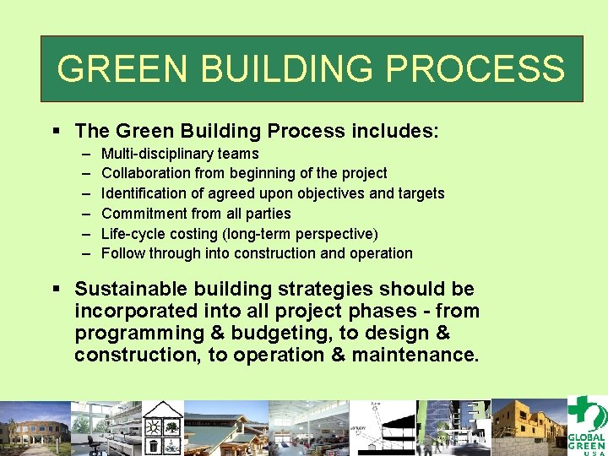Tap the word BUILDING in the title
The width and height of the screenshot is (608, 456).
click(270, 68)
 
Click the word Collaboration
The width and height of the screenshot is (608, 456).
click(146, 173)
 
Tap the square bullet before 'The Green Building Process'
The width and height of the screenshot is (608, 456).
click(57, 132)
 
